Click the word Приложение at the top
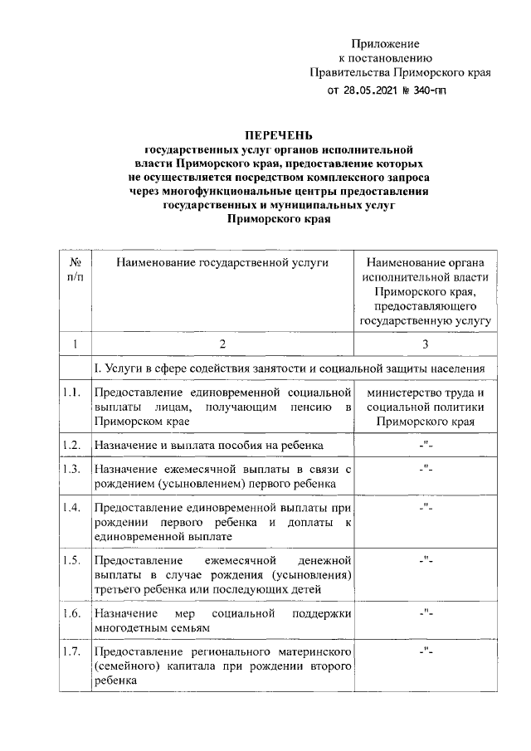coord(386,43)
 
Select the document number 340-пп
coord(425,90)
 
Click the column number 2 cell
coord(222,343)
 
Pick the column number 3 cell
coord(426,343)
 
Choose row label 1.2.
coord(72,445)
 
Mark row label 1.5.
coord(72,560)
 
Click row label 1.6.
coord(72,613)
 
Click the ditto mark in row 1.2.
coord(426,445)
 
